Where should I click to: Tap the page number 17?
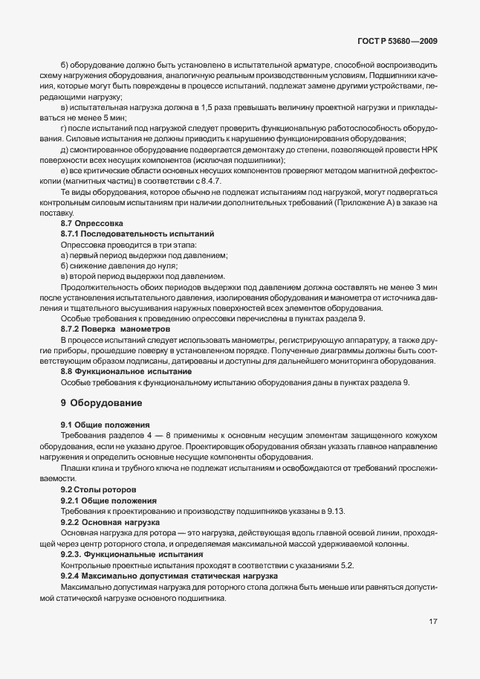tap(432, 640)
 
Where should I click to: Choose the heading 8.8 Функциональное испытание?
tap(126, 370)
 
